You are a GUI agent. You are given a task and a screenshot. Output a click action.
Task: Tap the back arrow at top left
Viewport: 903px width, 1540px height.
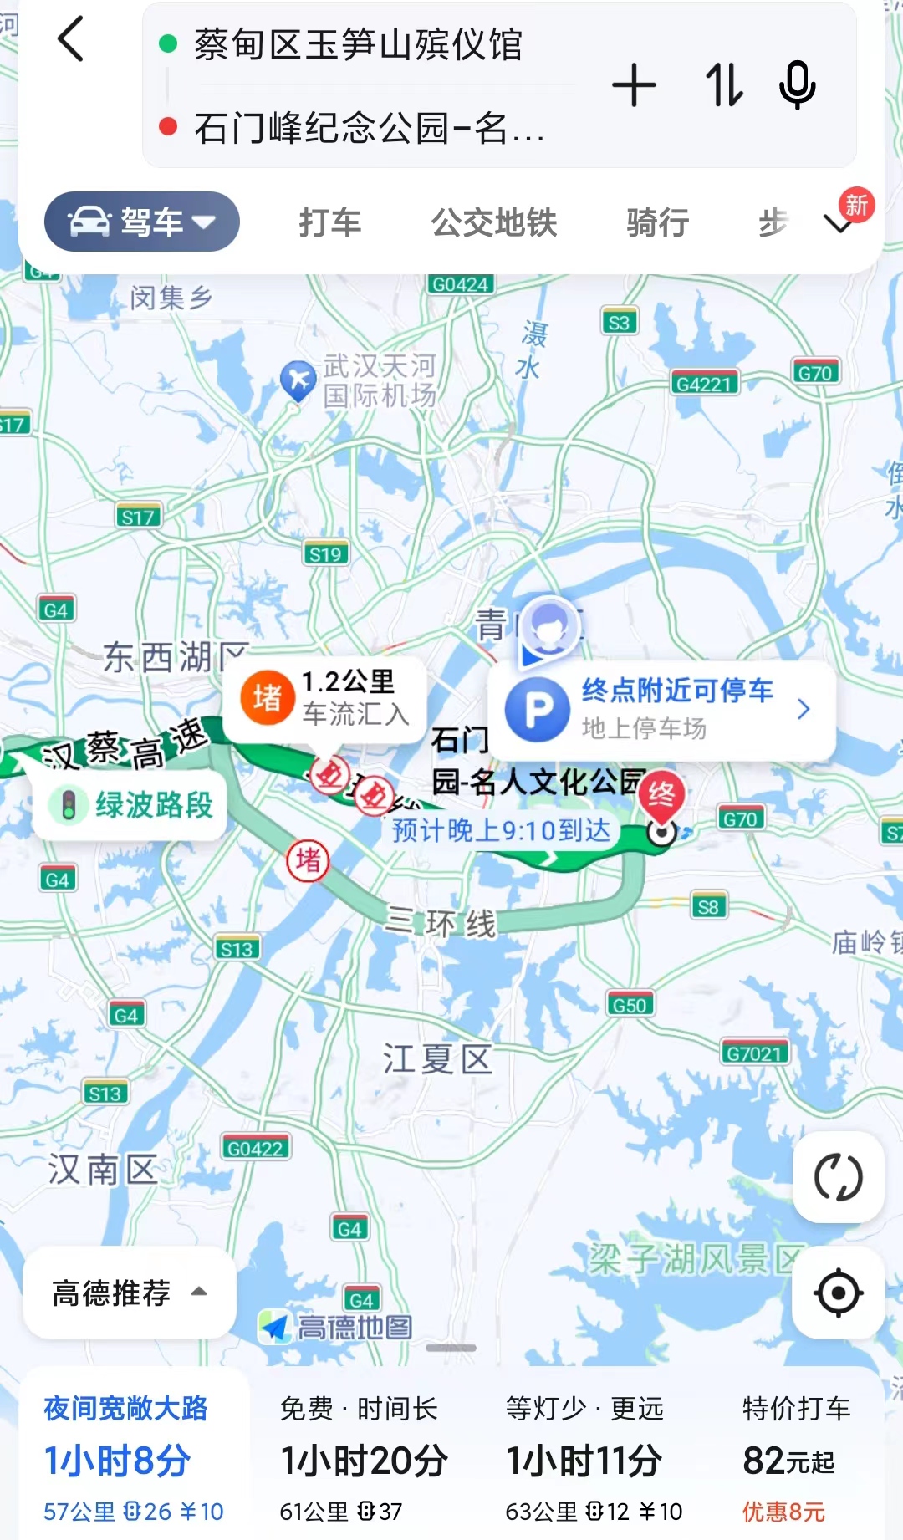tap(71, 39)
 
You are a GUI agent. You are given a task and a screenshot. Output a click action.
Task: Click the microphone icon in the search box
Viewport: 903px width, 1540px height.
tap(797, 84)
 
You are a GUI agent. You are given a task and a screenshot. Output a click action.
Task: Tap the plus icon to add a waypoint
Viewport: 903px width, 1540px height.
tap(634, 85)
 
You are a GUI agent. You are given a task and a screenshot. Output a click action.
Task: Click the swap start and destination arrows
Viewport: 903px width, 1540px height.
tap(723, 85)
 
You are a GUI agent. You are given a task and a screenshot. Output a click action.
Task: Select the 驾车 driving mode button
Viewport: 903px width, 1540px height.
tap(142, 222)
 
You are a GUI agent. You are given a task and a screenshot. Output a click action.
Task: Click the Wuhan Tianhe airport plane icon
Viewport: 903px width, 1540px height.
tap(298, 380)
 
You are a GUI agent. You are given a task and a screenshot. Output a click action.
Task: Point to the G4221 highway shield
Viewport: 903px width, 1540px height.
tap(704, 384)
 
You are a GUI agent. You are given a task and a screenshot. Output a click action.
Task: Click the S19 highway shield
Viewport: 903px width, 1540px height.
tap(325, 553)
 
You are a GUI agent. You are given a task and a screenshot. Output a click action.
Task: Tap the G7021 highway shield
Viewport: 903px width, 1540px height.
tap(754, 1053)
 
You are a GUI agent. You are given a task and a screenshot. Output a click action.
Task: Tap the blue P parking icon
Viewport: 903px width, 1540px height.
tap(538, 710)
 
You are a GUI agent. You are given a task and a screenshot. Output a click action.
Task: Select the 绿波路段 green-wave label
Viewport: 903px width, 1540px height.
tap(130, 805)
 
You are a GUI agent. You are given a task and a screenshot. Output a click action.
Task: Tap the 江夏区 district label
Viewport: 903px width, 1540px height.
tap(437, 1059)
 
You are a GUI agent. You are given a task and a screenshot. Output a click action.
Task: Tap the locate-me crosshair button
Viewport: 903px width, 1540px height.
tap(838, 1293)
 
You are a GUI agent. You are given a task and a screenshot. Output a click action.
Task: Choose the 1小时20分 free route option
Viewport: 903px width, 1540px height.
tap(364, 1461)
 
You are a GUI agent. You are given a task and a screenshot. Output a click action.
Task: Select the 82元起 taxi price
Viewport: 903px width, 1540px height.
tap(788, 1461)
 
